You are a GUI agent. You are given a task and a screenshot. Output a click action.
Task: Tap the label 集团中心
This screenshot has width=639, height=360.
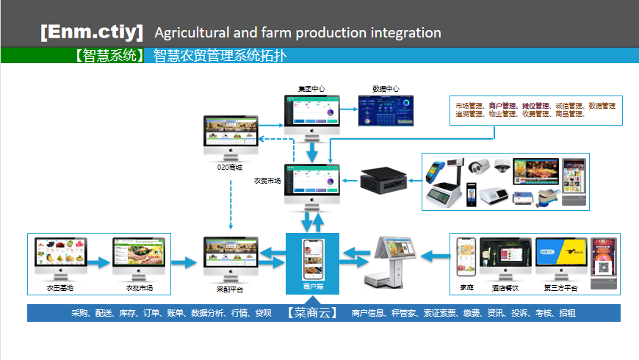click(x=311, y=89)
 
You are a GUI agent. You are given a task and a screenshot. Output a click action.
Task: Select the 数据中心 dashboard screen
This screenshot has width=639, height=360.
click(x=386, y=110)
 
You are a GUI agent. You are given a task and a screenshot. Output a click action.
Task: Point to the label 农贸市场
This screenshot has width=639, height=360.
click(x=267, y=180)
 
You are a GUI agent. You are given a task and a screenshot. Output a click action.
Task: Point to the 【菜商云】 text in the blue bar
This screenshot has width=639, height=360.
click(x=313, y=313)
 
